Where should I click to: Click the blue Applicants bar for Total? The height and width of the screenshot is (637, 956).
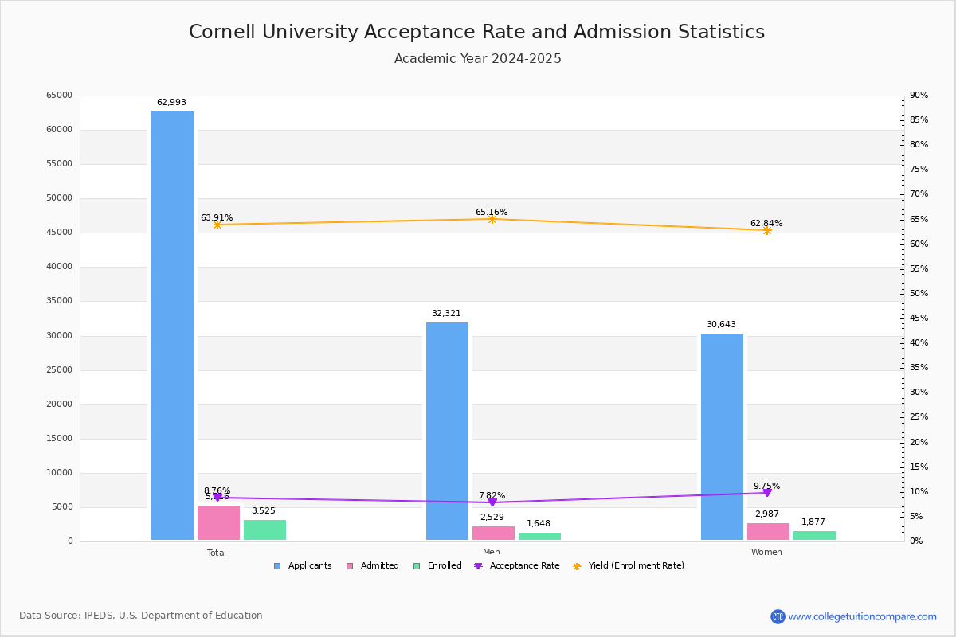click(172, 326)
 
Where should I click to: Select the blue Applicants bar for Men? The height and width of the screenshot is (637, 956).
click(447, 431)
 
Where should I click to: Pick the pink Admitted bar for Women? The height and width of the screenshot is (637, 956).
click(768, 532)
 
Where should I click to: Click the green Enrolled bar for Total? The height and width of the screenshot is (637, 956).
click(264, 530)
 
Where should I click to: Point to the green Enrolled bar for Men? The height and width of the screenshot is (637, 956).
click(539, 536)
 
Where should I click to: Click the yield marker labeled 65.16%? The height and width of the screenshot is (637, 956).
click(492, 219)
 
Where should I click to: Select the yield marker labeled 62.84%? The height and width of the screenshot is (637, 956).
click(767, 230)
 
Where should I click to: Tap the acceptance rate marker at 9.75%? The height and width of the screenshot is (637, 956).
click(767, 493)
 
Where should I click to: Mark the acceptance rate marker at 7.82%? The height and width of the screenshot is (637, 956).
click(492, 502)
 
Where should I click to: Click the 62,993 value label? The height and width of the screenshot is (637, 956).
click(171, 103)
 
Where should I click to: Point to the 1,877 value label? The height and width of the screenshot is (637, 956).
click(813, 522)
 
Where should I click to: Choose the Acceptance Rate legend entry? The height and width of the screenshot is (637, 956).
click(517, 566)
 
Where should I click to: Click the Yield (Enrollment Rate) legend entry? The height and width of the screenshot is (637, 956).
click(629, 566)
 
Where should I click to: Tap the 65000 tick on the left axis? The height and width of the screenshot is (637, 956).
click(60, 96)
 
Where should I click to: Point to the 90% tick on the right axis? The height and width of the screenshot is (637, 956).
click(919, 96)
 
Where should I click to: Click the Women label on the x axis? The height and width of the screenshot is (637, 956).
click(766, 553)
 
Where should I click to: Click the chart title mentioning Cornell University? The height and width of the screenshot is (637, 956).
click(476, 33)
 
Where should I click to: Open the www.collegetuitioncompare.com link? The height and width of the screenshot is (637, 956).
click(862, 616)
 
